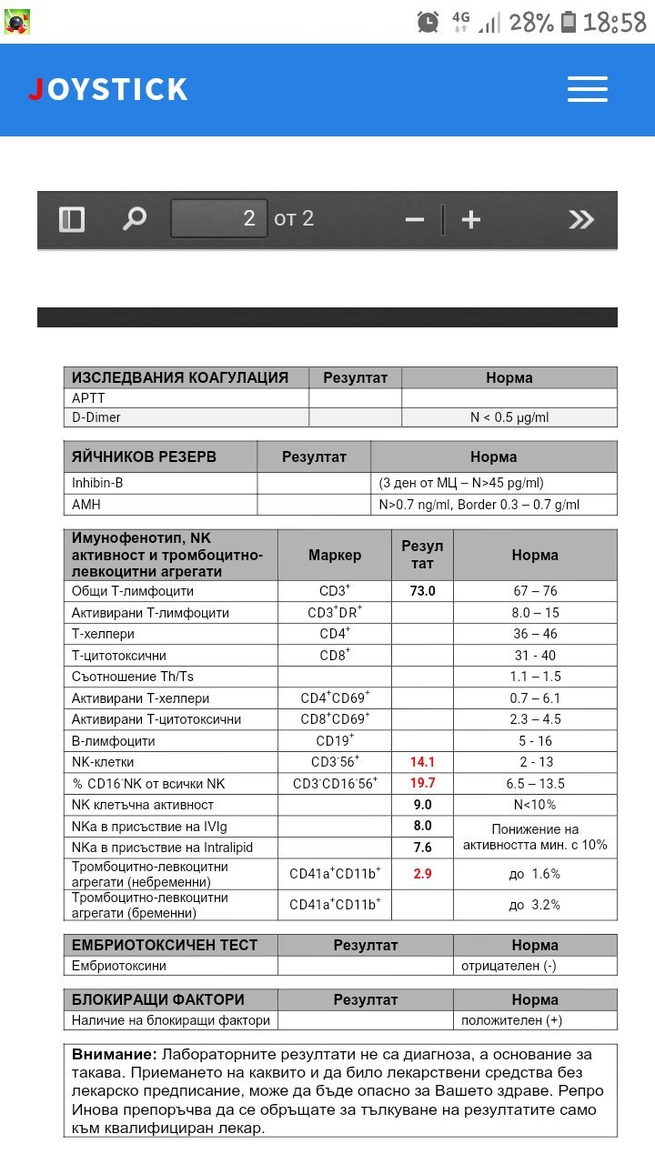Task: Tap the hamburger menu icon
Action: click(587, 89)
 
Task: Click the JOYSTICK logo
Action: click(107, 89)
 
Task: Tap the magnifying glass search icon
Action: click(135, 218)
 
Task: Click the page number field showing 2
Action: click(219, 218)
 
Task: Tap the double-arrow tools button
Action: click(580, 219)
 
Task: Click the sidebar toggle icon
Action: click(72, 219)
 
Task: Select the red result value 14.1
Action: click(422, 762)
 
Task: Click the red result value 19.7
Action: click(422, 783)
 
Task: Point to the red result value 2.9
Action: click(422, 873)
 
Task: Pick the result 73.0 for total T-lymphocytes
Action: click(422, 591)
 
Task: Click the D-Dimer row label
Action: click(96, 417)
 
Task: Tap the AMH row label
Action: click(86, 505)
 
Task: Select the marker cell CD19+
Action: click(335, 740)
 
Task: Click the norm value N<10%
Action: click(535, 805)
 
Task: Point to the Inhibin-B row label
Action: click(97, 483)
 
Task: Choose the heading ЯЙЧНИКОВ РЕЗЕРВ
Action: click(144, 457)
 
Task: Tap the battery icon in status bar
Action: click(569, 22)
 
